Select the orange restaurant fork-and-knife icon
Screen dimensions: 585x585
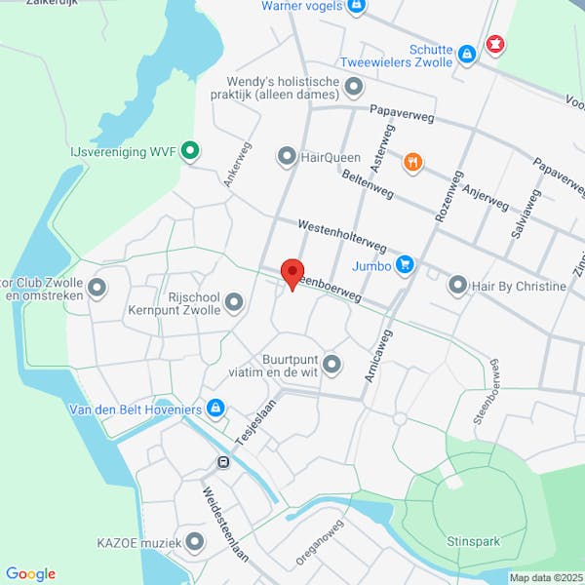click(x=413, y=163)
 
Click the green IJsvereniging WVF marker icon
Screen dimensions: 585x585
click(x=191, y=151)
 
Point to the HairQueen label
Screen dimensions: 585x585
click(x=331, y=157)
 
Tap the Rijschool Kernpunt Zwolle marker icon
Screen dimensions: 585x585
click(x=233, y=304)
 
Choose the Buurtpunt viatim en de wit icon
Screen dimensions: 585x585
click(x=331, y=365)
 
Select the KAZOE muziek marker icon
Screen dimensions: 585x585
click(x=195, y=541)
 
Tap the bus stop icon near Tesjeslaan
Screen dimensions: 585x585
click(x=223, y=462)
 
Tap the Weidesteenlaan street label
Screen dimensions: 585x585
click(x=225, y=522)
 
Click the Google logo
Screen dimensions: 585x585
click(x=30, y=574)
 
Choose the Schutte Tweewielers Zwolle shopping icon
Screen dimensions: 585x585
click(x=467, y=53)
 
